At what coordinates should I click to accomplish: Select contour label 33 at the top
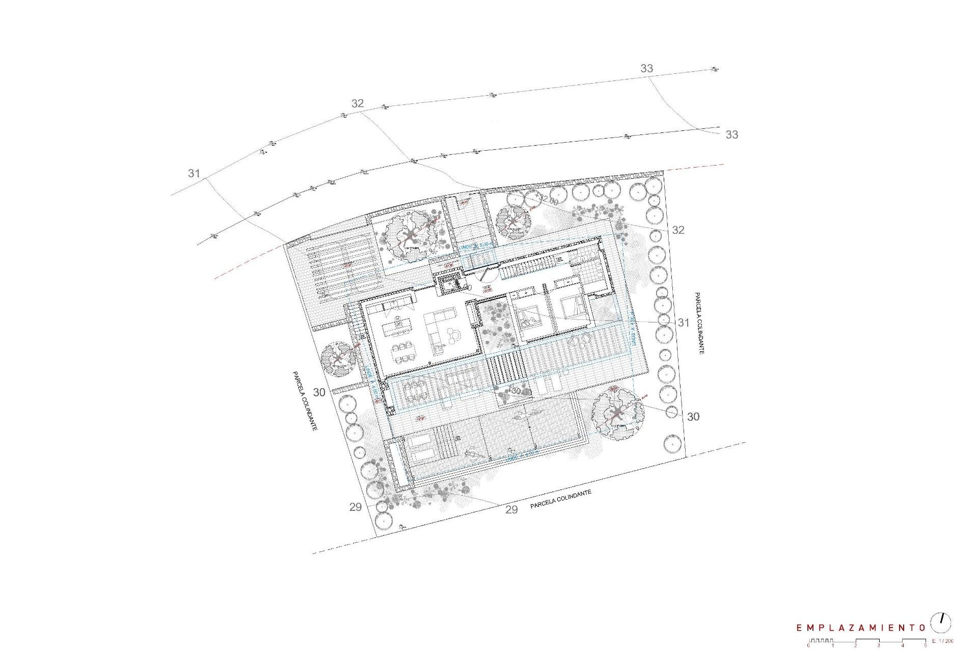(x=646, y=68)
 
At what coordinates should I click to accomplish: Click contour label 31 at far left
(x=194, y=173)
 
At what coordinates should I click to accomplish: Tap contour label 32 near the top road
(x=358, y=103)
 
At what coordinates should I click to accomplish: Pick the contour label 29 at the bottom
(x=511, y=509)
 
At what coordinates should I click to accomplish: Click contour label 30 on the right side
(x=693, y=417)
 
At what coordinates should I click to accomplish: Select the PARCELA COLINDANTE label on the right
(x=698, y=323)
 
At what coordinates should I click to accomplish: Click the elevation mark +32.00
(x=546, y=200)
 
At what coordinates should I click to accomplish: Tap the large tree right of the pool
(x=616, y=413)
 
